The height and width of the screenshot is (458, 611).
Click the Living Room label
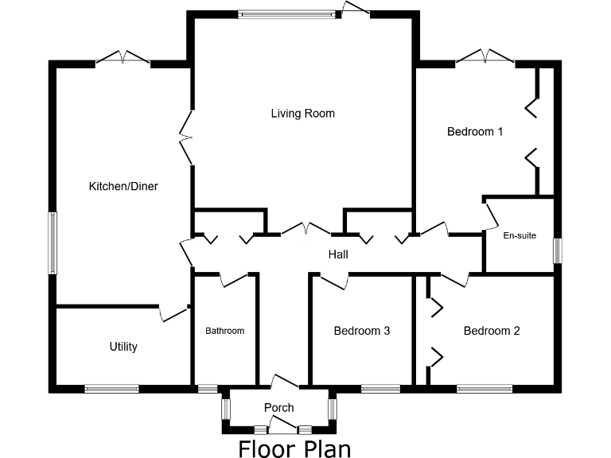point(302,114)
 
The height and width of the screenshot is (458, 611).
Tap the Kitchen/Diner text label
point(123,187)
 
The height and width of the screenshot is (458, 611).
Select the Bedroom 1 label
point(475,132)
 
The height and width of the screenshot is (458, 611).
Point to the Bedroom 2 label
point(492,331)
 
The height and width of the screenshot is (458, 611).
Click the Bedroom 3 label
point(361,331)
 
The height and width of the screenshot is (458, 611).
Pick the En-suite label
point(520,235)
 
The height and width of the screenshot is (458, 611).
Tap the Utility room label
point(123,347)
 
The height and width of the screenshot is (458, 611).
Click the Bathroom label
point(225,331)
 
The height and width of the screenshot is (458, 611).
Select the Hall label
point(339,255)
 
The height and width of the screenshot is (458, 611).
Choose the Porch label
point(278,408)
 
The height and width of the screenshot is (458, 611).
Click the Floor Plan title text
point(294,448)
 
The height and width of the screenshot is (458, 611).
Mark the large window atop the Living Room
point(287,14)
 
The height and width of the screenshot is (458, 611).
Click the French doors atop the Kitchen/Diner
point(123,59)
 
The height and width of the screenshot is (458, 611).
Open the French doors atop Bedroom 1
point(485,57)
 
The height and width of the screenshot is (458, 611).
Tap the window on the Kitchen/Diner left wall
point(53,243)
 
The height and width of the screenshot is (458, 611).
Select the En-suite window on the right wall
point(557,250)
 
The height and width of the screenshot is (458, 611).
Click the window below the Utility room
point(111,389)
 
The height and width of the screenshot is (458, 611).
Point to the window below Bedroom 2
point(484,389)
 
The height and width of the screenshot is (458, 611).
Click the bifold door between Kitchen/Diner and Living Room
point(189,137)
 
